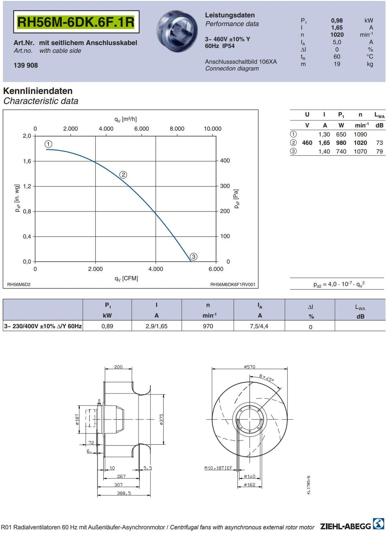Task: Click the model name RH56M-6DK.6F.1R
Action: (x=76, y=22)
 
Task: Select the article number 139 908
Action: (x=26, y=65)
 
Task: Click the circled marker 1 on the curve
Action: (x=48, y=144)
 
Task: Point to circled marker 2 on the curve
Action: (x=123, y=175)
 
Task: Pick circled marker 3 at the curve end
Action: (x=193, y=257)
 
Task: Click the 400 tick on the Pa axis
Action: (x=225, y=161)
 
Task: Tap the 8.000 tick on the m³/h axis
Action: (x=177, y=129)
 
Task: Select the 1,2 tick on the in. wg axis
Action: (x=27, y=186)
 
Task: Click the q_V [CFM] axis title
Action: (x=126, y=279)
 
